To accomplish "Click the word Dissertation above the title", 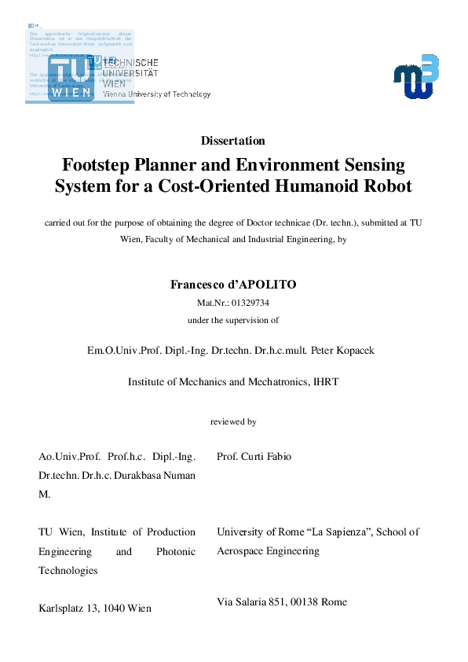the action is (x=232, y=141).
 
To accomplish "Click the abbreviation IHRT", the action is (x=325, y=382).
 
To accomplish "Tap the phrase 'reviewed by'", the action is (x=233, y=422).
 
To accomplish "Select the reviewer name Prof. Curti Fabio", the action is (x=258, y=456).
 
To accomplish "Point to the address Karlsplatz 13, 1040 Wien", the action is (x=95, y=608).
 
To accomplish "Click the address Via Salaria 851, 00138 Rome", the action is (x=281, y=601).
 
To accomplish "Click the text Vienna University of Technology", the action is (x=157, y=94).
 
